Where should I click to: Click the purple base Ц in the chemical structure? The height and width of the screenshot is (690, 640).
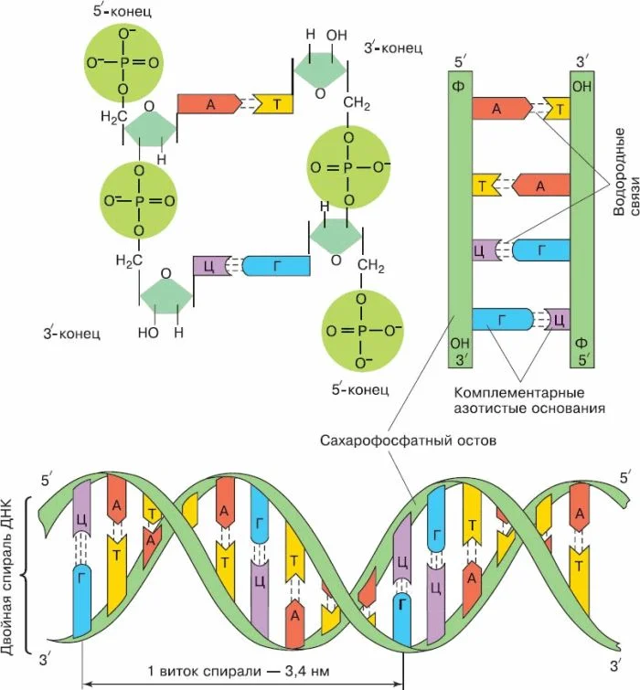(x=208, y=266)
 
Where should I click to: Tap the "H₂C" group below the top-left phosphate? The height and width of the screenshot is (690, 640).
(x=112, y=118)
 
